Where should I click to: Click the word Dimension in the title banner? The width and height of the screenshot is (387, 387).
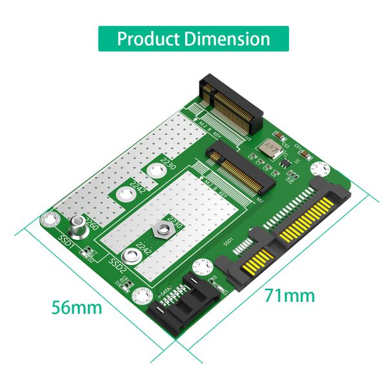(x=226, y=38)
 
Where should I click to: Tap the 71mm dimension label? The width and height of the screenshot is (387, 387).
(x=290, y=295)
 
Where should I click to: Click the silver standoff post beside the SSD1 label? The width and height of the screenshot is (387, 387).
(x=77, y=225)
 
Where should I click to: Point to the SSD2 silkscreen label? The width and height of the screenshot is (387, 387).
(x=117, y=265)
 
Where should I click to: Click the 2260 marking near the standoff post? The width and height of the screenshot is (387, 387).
(x=92, y=225)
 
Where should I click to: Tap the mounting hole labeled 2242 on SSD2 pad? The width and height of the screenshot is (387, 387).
(x=134, y=254)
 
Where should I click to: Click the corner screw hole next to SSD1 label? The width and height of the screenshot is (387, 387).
(x=47, y=221)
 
